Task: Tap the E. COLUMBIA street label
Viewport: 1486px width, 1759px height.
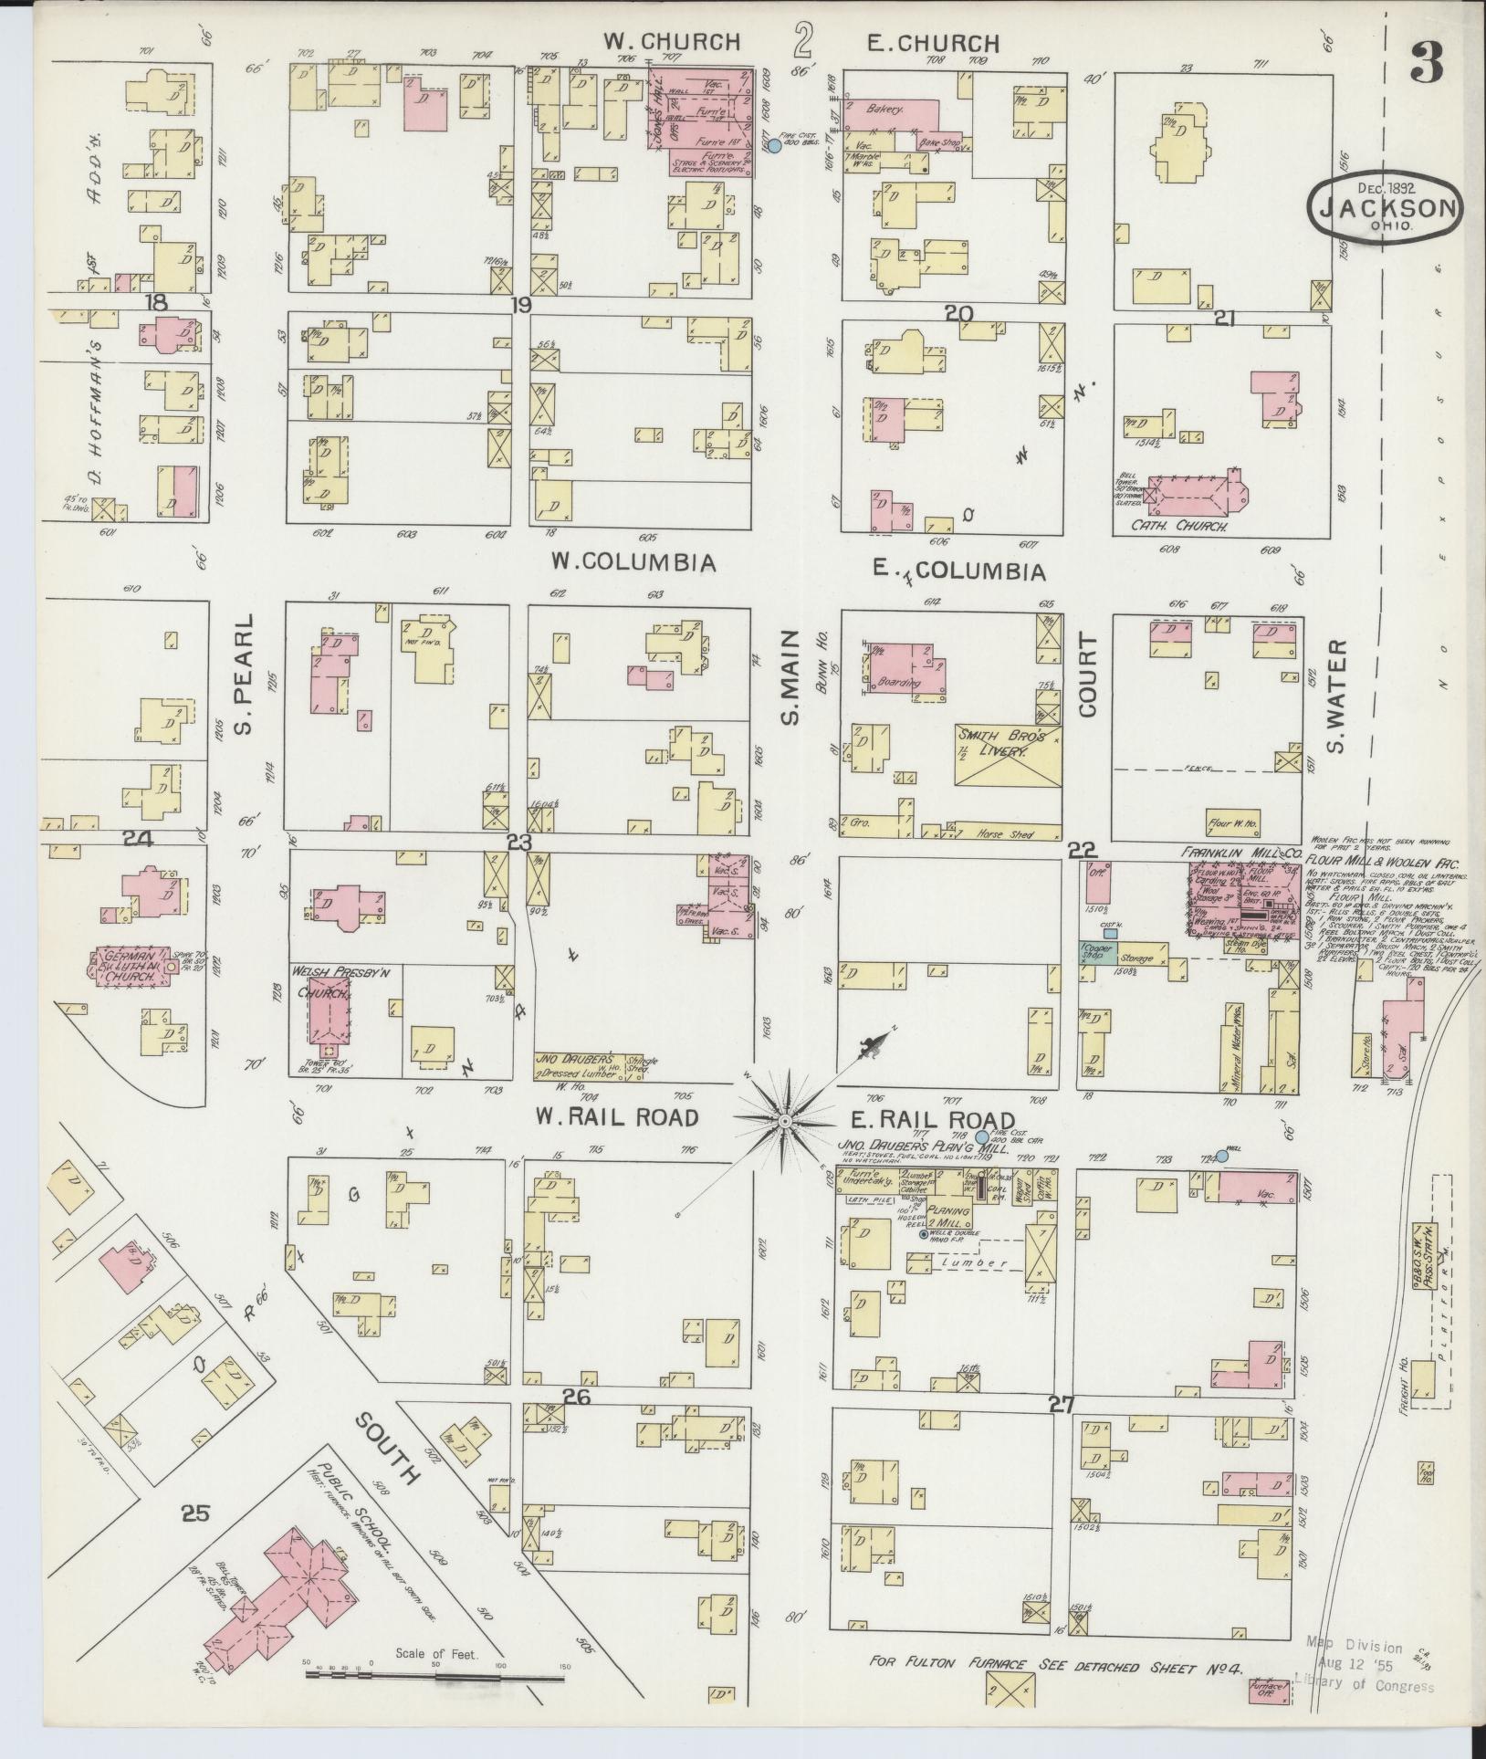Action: pos(958,571)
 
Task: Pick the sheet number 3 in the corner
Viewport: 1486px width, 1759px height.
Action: pos(1427,62)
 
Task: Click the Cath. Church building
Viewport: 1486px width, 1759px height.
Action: pos(1191,500)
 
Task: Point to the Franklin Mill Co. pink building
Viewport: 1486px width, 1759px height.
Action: pos(1241,903)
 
